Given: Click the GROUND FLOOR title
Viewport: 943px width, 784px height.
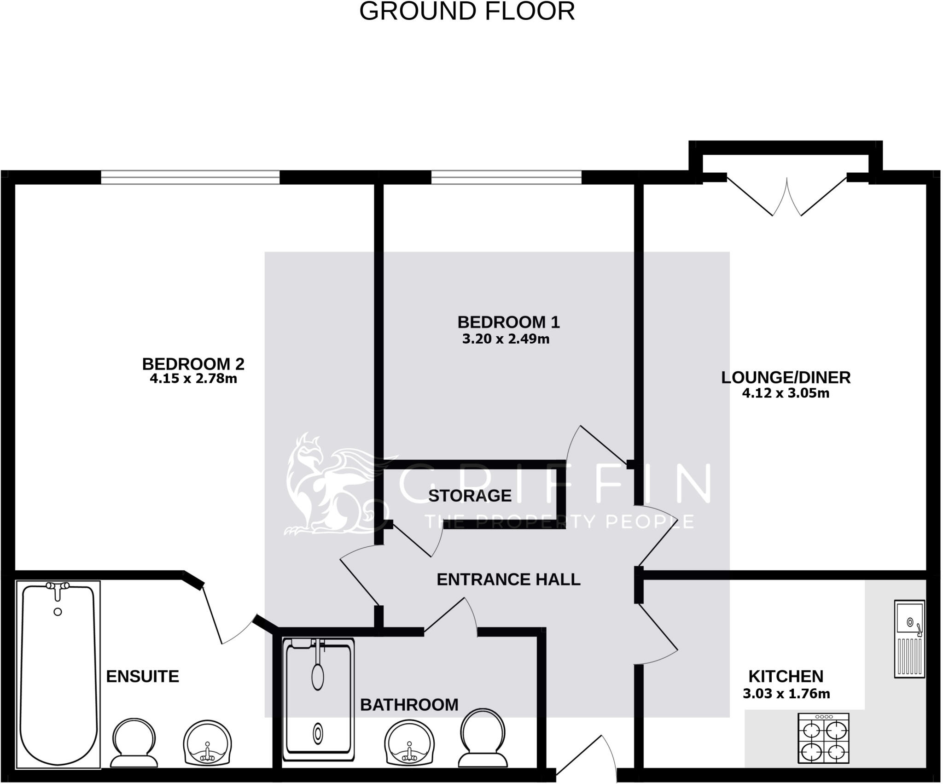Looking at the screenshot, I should pos(467,12).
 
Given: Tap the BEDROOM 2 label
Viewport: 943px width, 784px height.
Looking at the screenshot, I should pos(193,364).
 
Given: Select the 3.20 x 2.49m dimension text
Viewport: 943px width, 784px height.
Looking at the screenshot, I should pos(506,339).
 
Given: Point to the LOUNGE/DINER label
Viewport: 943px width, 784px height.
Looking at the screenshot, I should pos(786,377).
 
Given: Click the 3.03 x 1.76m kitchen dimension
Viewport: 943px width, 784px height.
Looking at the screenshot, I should pos(786,693).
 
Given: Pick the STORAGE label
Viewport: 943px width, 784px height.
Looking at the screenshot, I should pos(470,496).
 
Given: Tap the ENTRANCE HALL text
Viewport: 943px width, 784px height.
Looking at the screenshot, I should pos(508,579).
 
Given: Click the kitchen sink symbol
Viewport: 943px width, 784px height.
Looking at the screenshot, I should pos(909,638).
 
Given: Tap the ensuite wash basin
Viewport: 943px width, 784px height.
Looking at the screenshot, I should pos(207,744).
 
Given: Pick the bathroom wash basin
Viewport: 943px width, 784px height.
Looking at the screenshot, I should pos(409,744).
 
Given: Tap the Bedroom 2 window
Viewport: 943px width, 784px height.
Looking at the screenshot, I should pos(190,177).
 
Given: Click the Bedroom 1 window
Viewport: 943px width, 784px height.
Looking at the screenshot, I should pos(506,177).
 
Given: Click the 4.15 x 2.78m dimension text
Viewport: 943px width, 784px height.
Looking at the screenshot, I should pos(193,379).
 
